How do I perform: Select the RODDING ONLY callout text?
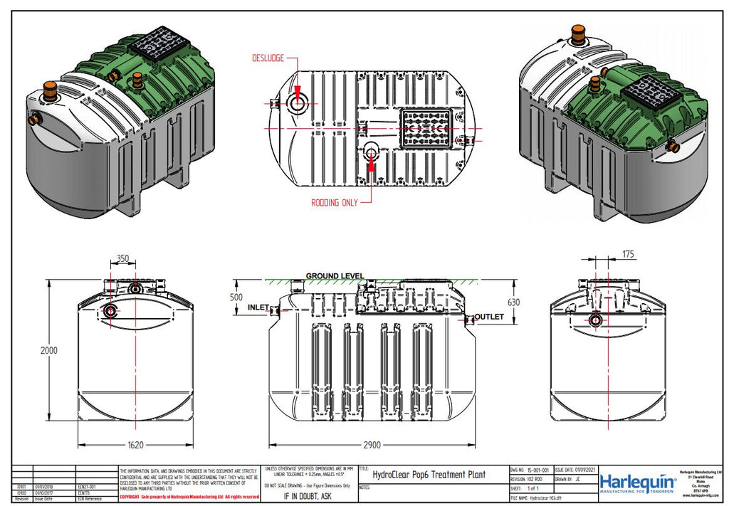pyautogui.click(x=335, y=203)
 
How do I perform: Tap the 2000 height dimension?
pyautogui.click(x=48, y=351)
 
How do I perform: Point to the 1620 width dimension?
pyautogui.click(x=135, y=445)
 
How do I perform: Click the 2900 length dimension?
pyautogui.click(x=372, y=445)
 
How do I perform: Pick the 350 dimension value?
pyautogui.click(x=123, y=259)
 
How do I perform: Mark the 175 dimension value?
pyautogui.click(x=628, y=254)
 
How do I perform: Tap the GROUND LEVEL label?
pyautogui.click(x=335, y=276)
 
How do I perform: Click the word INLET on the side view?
pyautogui.click(x=258, y=307)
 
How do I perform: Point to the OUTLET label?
pyautogui.click(x=489, y=317)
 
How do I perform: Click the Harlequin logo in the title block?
pyautogui.click(x=637, y=482)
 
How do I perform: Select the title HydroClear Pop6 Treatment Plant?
pyautogui.click(x=429, y=475)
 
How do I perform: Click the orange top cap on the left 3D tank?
pyautogui.click(x=50, y=88)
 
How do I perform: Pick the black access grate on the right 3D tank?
pyautogui.click(x=647, y=92)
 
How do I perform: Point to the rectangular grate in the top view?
pyautogui.click(x=426, y=128)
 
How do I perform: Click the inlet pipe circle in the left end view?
pyautogui.click(x=111, y=311)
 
